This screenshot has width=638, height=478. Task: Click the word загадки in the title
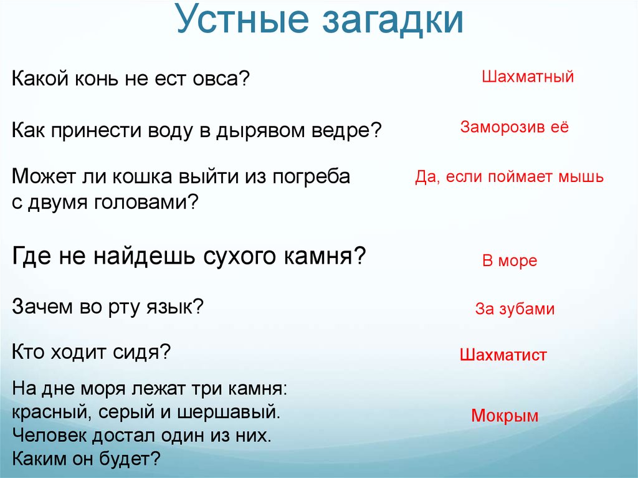coord(394,21)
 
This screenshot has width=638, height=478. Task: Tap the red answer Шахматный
coord(528,77)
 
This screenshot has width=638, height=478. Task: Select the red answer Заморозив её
coord(514,127)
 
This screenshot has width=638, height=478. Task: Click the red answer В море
coord(510,261)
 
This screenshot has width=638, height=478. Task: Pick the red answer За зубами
coord(515,308)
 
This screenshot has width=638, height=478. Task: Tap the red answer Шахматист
coord(503,355)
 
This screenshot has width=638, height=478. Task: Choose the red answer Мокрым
coord(505,415)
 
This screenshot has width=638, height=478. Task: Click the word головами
coord(146,202)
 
